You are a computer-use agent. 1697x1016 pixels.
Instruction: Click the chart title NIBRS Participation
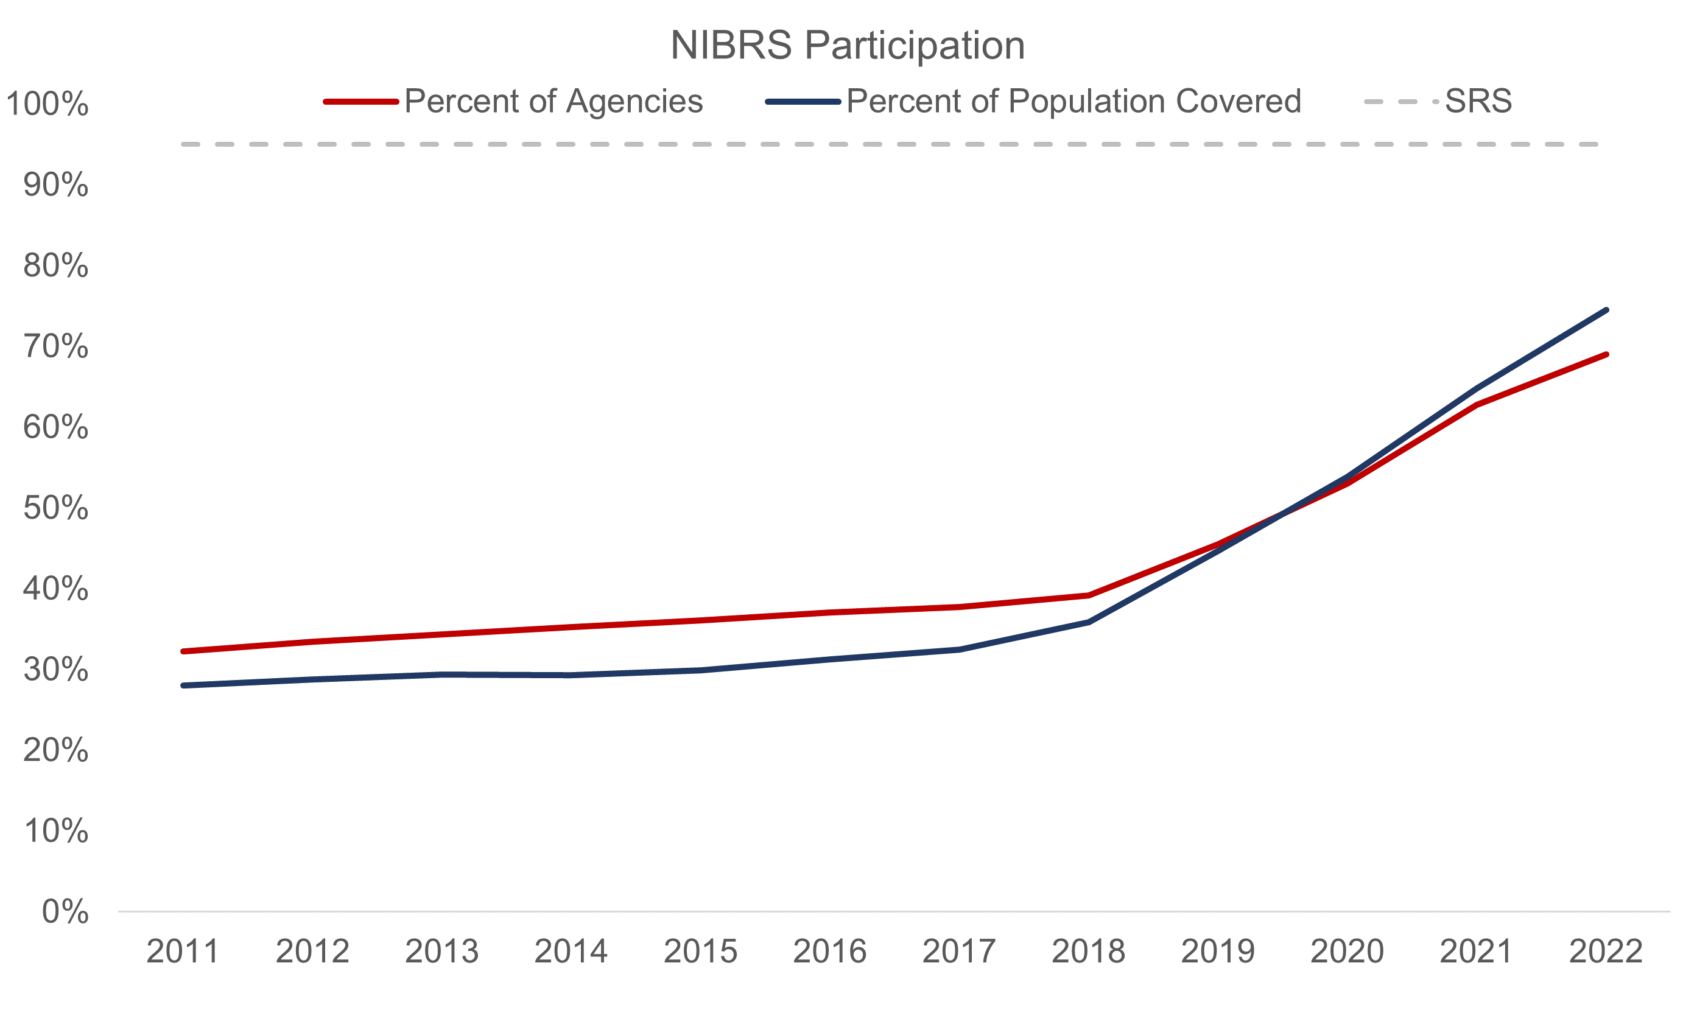click(x=847, y=46)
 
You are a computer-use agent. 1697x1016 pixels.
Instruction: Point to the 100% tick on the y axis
click(x=46, y=105)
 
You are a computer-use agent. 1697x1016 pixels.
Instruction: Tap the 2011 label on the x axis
click(x=183, y=951)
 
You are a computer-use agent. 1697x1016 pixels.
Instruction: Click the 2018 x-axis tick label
click(x=1088, y=951)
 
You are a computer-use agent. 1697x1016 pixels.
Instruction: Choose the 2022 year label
click(x=1605, y=951)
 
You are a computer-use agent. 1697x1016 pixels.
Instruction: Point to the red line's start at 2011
click(x=183, y=651)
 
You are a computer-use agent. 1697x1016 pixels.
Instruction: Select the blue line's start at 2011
click(x=183, y=685)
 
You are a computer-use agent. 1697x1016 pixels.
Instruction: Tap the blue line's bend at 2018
click(x=1089, y=622)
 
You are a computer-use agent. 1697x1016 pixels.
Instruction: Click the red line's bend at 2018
click(x=1089, y=595)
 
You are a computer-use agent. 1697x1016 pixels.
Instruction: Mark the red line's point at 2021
click(x=1477, y=405)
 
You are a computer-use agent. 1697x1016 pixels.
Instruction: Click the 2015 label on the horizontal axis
click(x=700, y=951)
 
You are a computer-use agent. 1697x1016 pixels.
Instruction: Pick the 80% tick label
click(x=55, y=266)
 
